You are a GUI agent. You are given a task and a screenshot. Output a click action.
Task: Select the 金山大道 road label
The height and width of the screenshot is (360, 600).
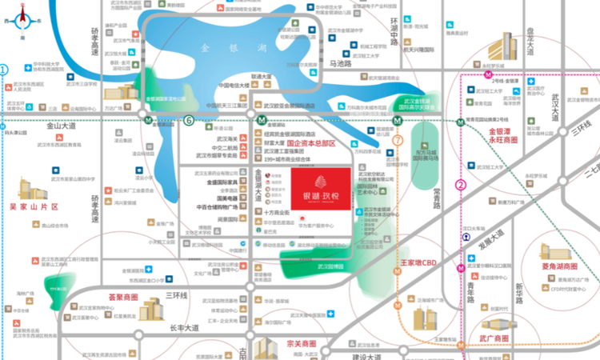tap(60, 126)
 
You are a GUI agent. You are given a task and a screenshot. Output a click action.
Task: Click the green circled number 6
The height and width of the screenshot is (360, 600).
tap(190, 120)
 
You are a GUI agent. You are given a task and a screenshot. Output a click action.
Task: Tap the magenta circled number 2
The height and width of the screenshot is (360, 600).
tap(461, 184)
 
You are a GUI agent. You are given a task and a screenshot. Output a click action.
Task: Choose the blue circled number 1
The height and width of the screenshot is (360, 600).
tap(4, 70)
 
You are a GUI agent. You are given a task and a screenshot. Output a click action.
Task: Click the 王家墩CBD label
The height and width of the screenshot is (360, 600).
tap(418, 262)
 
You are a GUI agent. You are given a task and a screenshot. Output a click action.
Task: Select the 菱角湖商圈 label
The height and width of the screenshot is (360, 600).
tap(559, 266)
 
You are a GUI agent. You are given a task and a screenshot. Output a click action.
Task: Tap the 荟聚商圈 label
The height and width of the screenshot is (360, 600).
tap(123, 297)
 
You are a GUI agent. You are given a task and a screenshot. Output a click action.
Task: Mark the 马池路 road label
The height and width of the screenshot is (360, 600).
tap(340, 63)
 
